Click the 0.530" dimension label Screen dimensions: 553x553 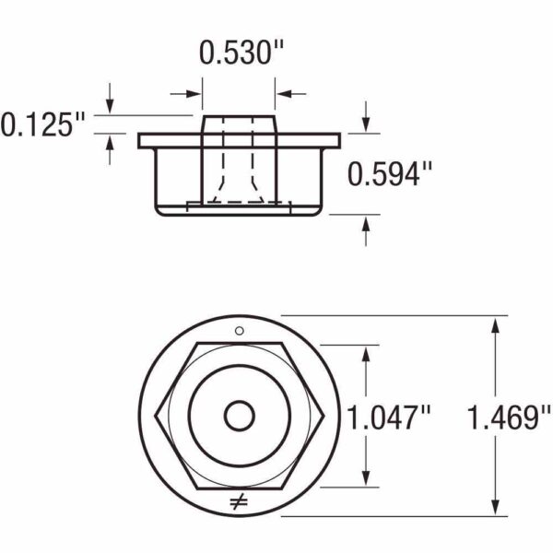238,53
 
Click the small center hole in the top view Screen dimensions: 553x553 239,417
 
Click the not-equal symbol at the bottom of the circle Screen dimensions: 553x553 238,502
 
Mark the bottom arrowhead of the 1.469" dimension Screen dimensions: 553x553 498,509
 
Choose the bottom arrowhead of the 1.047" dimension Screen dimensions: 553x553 368,479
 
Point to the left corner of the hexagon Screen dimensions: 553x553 157,417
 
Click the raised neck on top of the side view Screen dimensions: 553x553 238,125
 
